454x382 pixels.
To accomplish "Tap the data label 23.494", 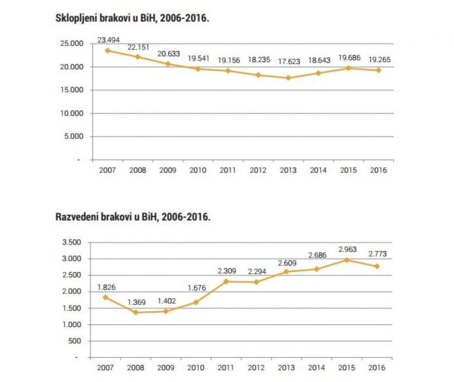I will tap(107, 40).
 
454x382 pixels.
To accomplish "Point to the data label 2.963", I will tap(348, 250).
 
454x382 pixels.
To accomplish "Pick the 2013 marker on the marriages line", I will tap(288, 78).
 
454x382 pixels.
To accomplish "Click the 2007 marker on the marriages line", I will tap(107, 50).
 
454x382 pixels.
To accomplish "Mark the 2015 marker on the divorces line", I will tap(348, 260).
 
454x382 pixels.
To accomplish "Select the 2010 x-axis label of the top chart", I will tap(198, 170).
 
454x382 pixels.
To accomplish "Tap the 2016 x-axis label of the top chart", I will tap(378, 170).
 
